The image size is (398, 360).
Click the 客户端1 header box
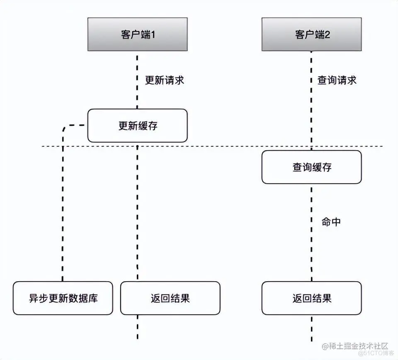pyautogui.click(x=137, y=34)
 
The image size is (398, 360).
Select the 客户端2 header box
pyautogui.click(x=311, y=34)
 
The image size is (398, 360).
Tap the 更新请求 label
pyautogui.click(x=164, y=80)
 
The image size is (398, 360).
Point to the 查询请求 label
pyautogui.click(x=337, y=80)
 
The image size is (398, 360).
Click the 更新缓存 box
pyautogui.click(x=137, y=126)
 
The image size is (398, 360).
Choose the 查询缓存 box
pyautogui.click(x=311, y=167)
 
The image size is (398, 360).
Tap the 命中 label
pyautogui.click(x=331, y=222)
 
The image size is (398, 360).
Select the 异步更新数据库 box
pyautogui.click(x=63, y=298)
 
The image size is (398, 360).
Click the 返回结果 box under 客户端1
pyautogui.click(x=170, y=298)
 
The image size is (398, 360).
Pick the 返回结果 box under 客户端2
pyautogui.click(x=311, y=298)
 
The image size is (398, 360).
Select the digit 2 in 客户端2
pyautogui.click(x=327, y=34)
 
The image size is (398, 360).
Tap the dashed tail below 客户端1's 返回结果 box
pyautogui.click(x=137, y=328)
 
